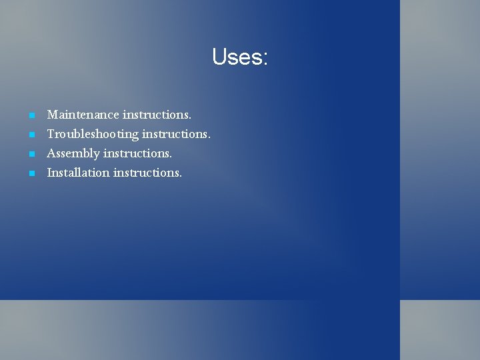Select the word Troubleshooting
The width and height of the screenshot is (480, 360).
point(93,135)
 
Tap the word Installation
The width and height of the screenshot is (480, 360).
point(78,173)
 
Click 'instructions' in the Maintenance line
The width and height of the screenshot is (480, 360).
point(156,115)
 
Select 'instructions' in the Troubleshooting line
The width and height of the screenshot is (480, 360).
point(175,135)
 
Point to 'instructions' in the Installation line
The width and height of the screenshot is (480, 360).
point(147,173)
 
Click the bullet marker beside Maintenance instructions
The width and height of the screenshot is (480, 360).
point(31,116)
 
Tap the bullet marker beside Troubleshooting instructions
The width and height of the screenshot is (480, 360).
point(31,135)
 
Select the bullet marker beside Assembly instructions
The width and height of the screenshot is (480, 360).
point(31,155)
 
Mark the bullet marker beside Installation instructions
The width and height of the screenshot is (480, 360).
point(31,173)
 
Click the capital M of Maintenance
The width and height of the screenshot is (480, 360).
point(52,115)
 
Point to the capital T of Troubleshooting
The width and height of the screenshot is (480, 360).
point(50,134)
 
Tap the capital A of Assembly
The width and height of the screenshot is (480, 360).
point(51,153)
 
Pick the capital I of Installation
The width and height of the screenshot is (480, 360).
point(49,173)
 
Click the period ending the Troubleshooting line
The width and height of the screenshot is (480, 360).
point(209,137)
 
